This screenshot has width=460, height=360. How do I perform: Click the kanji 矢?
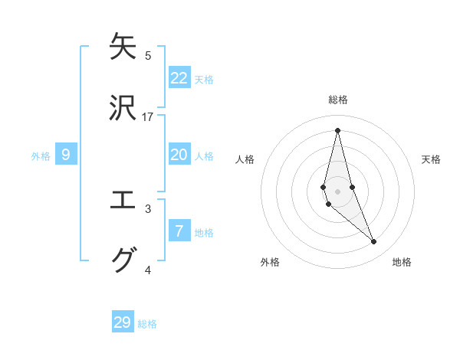[123, 47]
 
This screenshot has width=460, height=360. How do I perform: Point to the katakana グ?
[123, 260]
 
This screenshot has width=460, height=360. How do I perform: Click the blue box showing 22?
[179, 78]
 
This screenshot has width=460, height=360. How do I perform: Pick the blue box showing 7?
[179, 231]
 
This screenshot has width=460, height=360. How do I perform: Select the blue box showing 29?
[123, 322]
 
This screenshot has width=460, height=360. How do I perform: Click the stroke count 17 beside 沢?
[148, 117]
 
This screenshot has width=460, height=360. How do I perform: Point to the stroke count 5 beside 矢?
[148, 56]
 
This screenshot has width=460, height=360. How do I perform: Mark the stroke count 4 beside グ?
[148, 270]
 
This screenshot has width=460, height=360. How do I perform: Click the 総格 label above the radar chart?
[337, 100]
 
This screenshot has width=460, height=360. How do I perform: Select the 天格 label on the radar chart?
[431, 159]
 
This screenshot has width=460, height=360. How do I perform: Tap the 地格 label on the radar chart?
[402, 262]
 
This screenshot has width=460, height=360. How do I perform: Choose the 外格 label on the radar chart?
[270, 262]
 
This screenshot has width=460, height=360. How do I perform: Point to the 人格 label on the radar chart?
[245, 159]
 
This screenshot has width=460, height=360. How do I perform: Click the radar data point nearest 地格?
[374, 242]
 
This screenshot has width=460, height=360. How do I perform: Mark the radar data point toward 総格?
[337, 129]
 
